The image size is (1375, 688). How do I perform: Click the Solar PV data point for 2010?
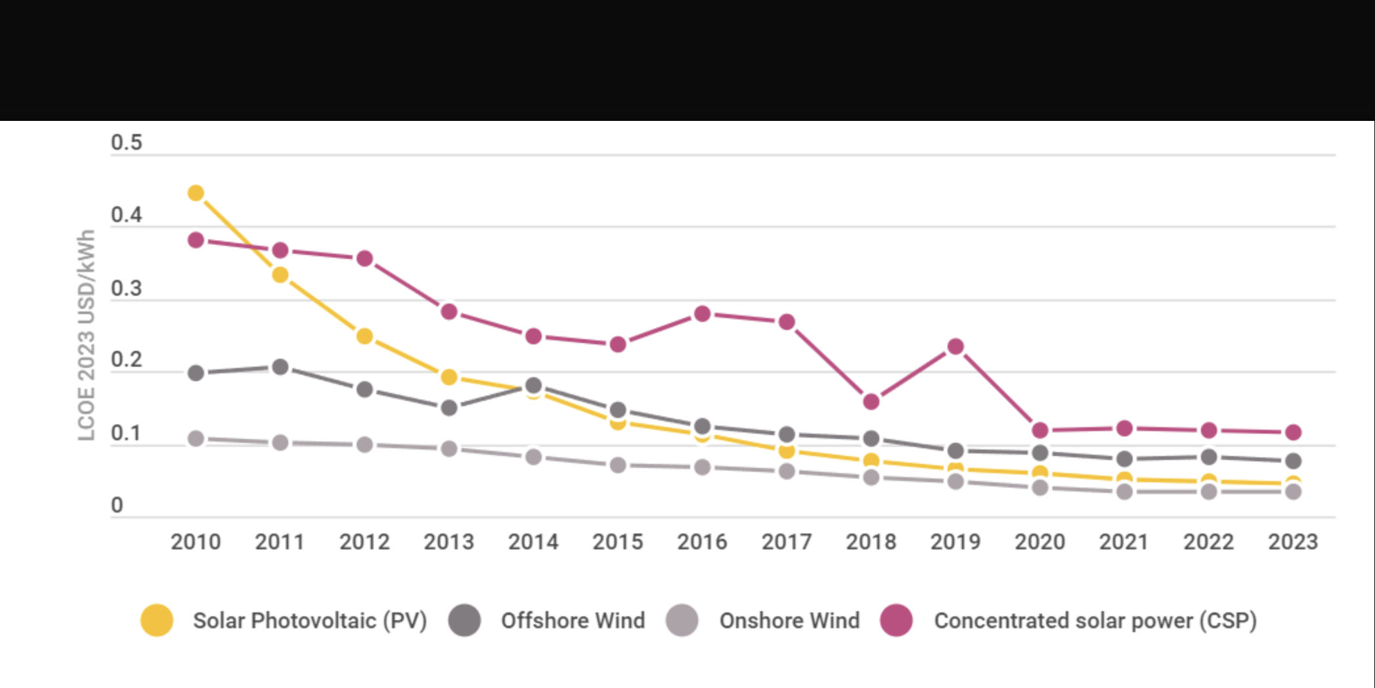tap(196, 193)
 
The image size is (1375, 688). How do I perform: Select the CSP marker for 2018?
tap(871, 401)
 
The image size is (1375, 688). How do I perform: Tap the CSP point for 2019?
tap(955, 346)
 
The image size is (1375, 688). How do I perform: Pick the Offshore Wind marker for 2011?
tap(280, 367)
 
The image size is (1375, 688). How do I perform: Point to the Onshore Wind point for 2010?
tap(196, 438)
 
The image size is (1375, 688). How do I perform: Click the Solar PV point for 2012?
tap(364, 336)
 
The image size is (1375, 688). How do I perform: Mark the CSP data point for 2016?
tap(702, 314)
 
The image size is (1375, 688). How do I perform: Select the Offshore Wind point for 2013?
tap(449, 408)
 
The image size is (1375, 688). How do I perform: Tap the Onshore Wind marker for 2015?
tap(618, 465)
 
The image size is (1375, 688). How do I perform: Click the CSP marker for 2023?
tap(1293, 432)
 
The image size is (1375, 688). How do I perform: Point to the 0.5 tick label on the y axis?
tap(126, 143)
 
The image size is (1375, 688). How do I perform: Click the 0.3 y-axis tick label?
tap(126, 288)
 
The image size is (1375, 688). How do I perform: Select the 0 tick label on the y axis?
tap(117, 505)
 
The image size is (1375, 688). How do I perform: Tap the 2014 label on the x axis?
tap(533, 542)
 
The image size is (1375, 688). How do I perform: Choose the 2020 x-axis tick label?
tap(1039, 542)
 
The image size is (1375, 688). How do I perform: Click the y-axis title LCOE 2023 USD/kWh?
tap(87, 335)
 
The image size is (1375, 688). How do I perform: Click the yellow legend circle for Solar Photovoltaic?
tap(157, 620)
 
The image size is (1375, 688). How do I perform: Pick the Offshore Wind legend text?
tap(573, 620)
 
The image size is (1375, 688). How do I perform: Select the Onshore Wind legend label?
tap(789, 620)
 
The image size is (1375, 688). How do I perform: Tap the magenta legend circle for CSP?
tap(896, 620)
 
